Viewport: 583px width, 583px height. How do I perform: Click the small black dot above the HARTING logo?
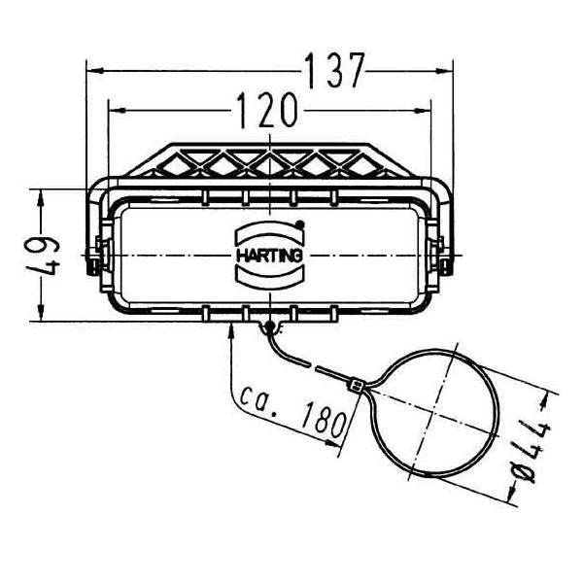(300, 225)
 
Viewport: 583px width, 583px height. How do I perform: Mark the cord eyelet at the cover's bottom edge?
(267, 327)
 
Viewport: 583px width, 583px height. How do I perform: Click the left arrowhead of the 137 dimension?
(93, 70)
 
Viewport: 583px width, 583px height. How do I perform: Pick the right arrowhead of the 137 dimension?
(447, 70)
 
